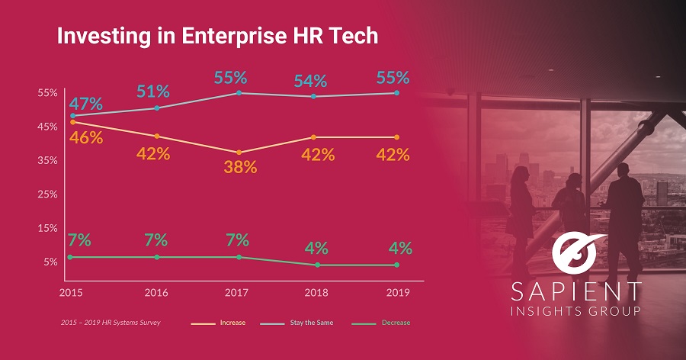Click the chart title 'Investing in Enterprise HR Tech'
pyautogui.click(x=217, y=37)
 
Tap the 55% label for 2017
pyautogui.click(x=230, y=78)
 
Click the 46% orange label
pyautogui.click(x=85, y=138)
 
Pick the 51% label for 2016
pyautogui.click(x=153, y=92)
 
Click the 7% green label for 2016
pyautogui.click(x=155, y=239)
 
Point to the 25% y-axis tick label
pyautogui.click(x=47, y=194)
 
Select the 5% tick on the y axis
pyautogui.click(x=50, y=262)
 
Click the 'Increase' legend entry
pyautogui.click(x=232, y=323)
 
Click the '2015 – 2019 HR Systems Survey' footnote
pyautogui.click(x=111, y=323)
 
